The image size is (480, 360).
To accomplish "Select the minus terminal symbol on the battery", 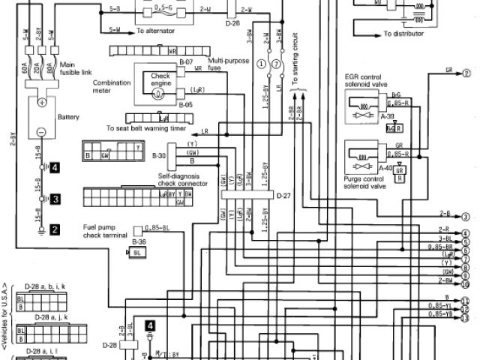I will (x=43, y=132).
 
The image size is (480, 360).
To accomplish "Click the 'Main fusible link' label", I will (x=73, y=68).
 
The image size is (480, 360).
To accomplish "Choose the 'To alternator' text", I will (x=158, y=31).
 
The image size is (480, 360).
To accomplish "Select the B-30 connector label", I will (x=158, y=155).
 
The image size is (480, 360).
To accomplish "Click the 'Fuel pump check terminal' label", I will (x=103, y=229).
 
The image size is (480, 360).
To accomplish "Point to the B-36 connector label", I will (x=139, y=242).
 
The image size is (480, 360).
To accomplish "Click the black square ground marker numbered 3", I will (x=55, y=199).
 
